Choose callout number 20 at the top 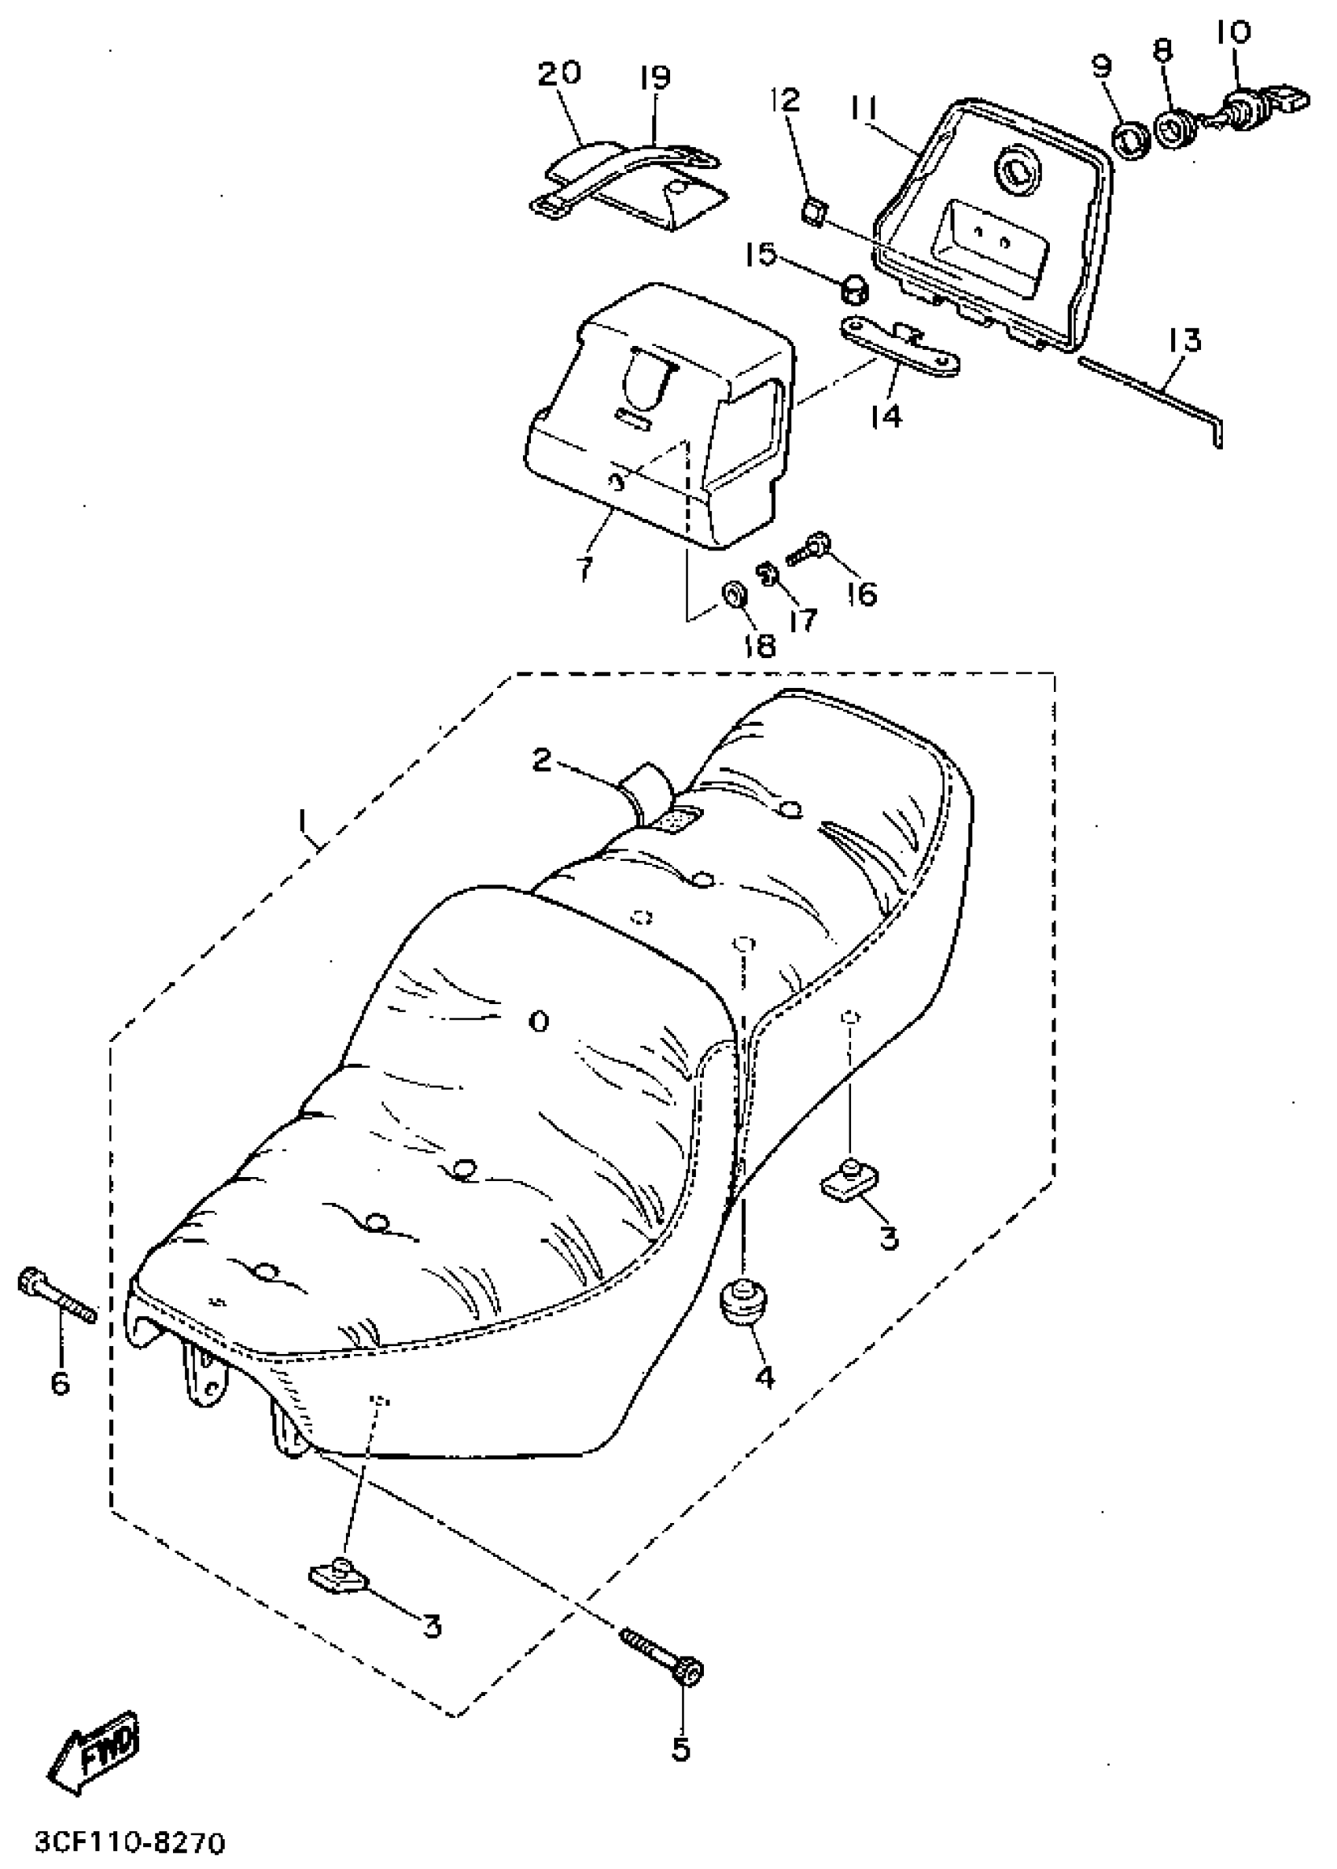560,74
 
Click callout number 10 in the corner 1232,33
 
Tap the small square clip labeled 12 812,214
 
